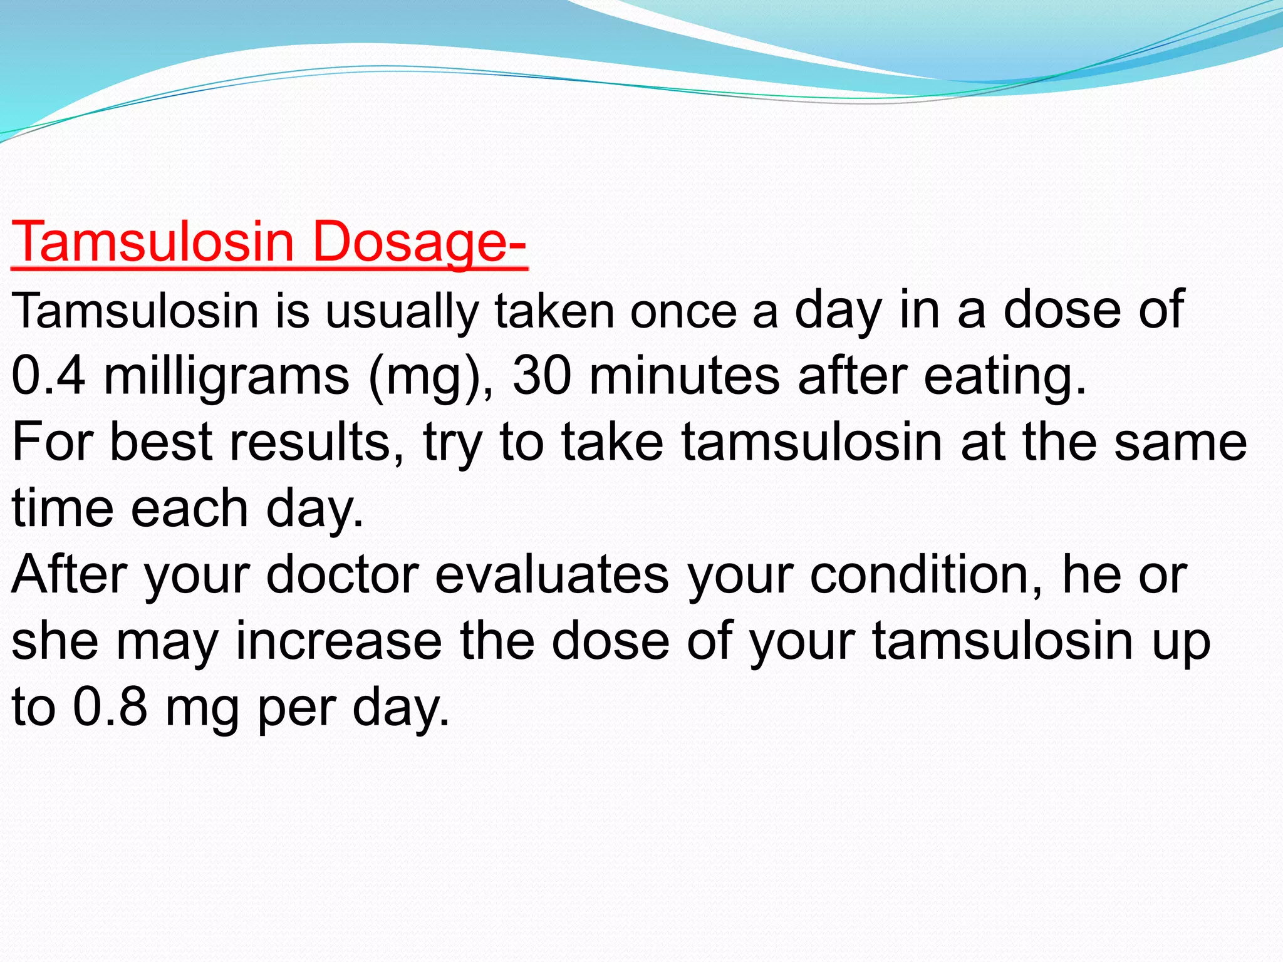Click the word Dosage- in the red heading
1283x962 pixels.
pos(420,242)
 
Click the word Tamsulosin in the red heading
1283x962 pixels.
pos(153,242)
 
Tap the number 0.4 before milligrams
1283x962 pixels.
pos(48,376)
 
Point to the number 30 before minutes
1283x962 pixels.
pos(542,376)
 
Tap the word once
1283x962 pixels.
pos(683,312)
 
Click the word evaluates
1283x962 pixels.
pos(552,575)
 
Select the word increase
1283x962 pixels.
pos(339,641)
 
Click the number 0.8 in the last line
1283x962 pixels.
pos(110,708)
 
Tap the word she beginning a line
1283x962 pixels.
pos(55,641)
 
